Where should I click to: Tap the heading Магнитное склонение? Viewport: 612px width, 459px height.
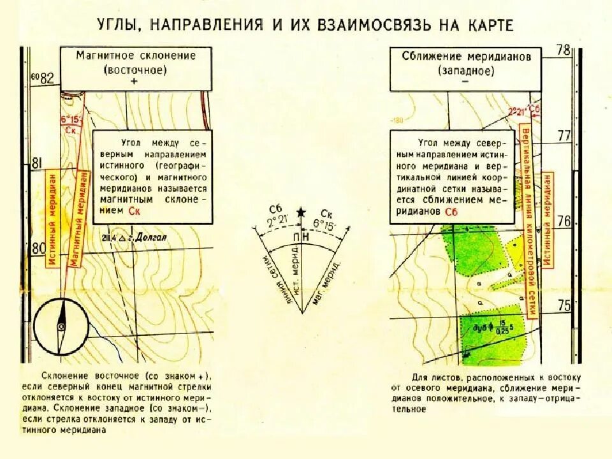(x=136, y=55)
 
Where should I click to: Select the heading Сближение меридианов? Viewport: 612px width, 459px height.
(x=467, y=56)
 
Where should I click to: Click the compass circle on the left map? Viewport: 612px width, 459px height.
(x=61, y=327)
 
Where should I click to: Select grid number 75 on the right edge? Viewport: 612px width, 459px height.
(x=564, y=305)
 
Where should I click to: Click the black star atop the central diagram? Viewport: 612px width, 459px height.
(x=302, y=212)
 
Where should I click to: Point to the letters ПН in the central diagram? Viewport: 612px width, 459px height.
(x=301, y=237)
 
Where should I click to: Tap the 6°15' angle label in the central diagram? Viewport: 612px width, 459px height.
(x=326, y=225)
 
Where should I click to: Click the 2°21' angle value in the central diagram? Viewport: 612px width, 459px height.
(x=277, y=221)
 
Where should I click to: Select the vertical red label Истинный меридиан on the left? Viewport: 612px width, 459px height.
(x=54, y=217)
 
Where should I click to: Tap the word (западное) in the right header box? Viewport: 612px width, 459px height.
(x=467, y=70)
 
